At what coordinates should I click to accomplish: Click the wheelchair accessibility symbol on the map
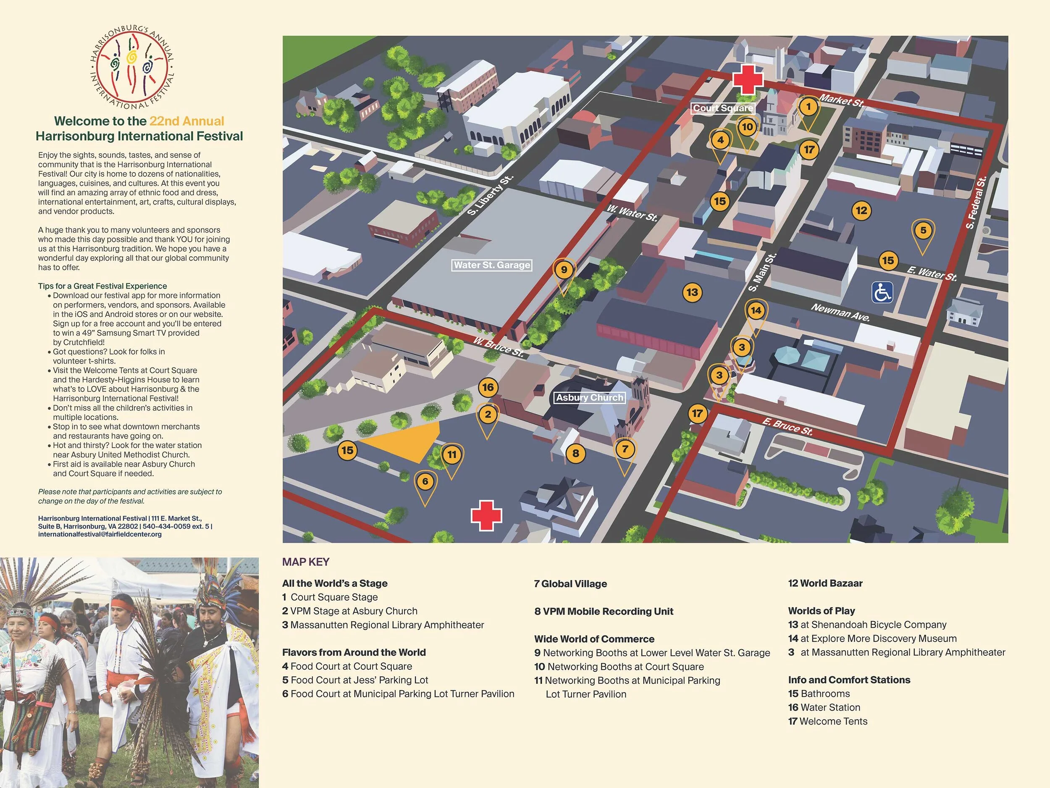click(882, 292)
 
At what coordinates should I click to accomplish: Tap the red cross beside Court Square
click(748, 79)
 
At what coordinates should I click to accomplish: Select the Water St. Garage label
click(491, 265)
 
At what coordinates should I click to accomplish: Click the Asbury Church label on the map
click(590, 397)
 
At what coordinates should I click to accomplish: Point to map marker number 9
click(564, 270)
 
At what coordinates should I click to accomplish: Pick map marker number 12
click(861, 210)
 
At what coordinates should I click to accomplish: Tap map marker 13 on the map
click(692, 292)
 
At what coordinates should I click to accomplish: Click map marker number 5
click(923, 231)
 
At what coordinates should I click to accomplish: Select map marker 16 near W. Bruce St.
click(488, 387)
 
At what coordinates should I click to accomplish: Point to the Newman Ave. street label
click(840, 313)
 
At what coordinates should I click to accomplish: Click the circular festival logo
click(132, 66)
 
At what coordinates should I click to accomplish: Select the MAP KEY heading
click(306, 562)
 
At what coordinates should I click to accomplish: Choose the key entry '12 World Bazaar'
click(825, 583)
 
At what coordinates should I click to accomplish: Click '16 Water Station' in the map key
click(824, 707)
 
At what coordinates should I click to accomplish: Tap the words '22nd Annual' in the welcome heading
click(186, 121)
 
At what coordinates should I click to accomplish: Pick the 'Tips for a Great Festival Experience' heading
click(102, 286)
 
